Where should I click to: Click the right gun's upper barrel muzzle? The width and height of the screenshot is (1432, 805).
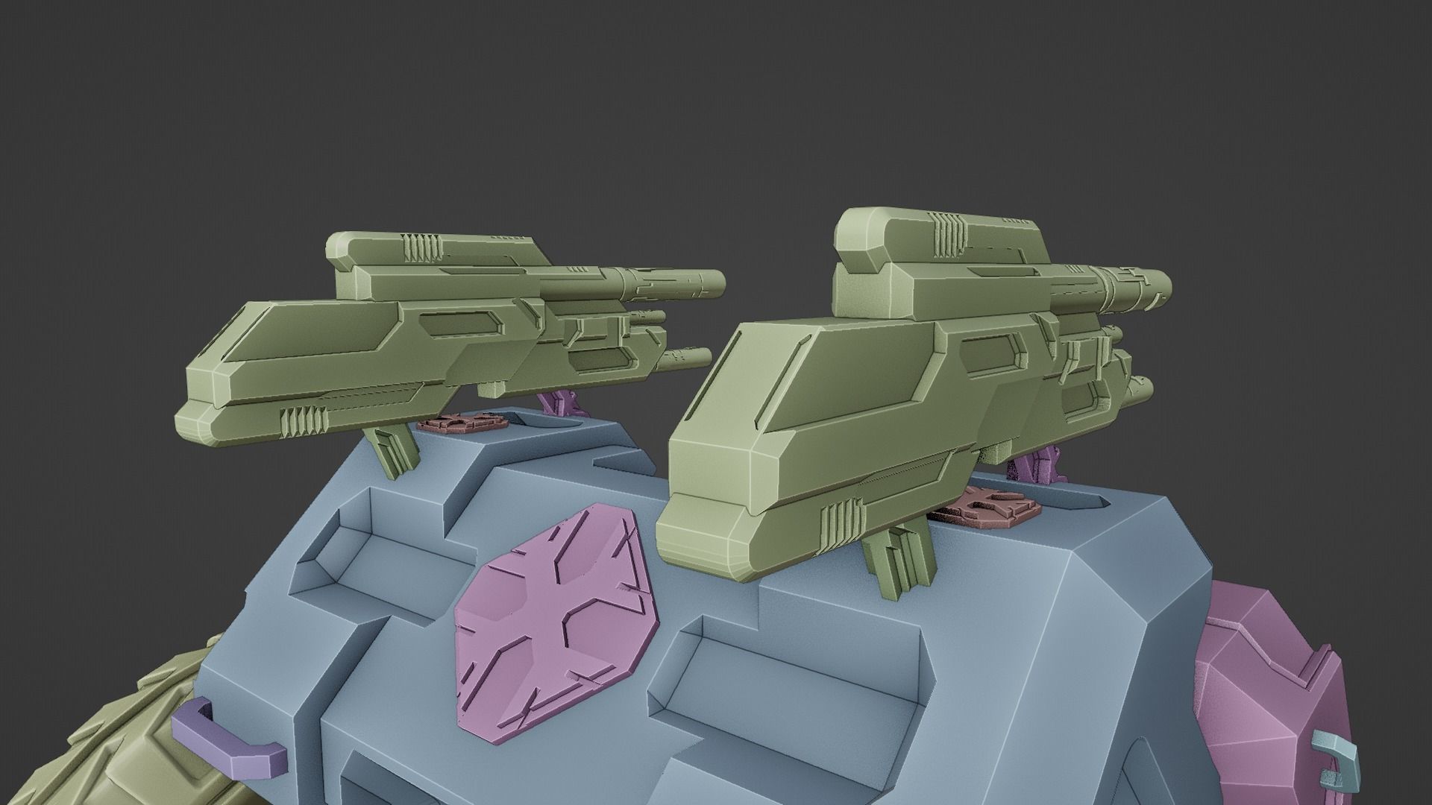click(1161, 287)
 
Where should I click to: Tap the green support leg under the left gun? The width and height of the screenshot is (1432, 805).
click(393, 452)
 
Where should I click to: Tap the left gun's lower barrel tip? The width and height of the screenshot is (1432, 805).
click(701, 358)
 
